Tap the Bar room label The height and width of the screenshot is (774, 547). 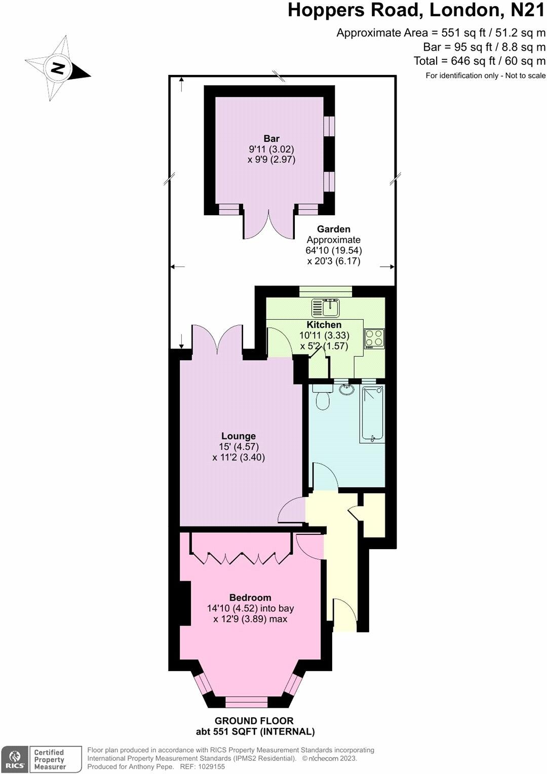pyautogui.click(x=271, y=138)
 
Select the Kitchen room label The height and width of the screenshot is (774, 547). pyautogui.click(x=324, y=325)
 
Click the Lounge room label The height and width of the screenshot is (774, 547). pyautogui.click(x=239, y=436)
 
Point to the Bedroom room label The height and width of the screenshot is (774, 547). pyautogui.click(x=250, y=598)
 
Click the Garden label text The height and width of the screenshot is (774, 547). pyautogui.click(x=334, y=229)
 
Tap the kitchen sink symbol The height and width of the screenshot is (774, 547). pyautogui.click(x=326, y=307)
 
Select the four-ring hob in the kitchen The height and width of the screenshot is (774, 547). pyautogui.click(x=375, y=339)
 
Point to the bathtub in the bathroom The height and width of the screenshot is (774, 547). pyautogui.click(x=372, y=413)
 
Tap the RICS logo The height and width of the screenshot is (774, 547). pyautogui.click(x=14, y=759)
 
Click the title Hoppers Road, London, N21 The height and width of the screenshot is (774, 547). pyautogui.click(x=416, y=10)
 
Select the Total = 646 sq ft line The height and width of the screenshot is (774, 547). pyautogui.click(x=479, y=61)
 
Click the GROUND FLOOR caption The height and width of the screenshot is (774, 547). pyautogui.click(x=254, y=721)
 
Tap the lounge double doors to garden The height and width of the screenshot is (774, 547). pyautogui.click(x=217, y=339)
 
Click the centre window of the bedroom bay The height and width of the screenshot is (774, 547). pyautogui.click(x=246, y=702)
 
